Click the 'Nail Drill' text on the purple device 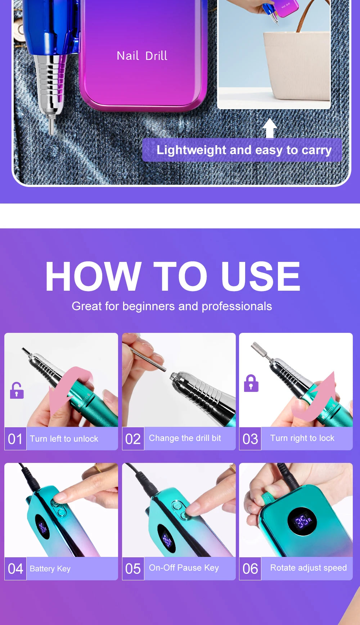pos(142,56)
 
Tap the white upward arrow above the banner pos(270,128)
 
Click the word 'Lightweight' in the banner pos(191,150)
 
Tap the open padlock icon pos(17,390)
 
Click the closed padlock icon pos(251,383)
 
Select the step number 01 pos(15,439)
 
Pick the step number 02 pos(133,439)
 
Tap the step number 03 pos(250,439)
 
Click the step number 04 pos(15,569)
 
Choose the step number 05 pos(133,569)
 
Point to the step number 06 pos(250,569)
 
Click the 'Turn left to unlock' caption pos(64,439)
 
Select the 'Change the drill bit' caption pos(185,438)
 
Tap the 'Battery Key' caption pos(50,568)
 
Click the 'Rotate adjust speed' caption pos(309,568)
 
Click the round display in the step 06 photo pos(302,521)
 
